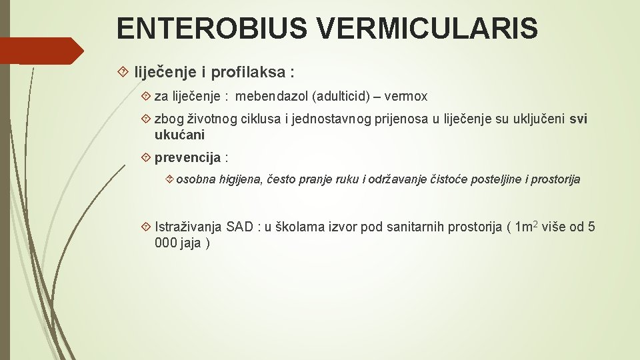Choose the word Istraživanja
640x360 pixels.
189,227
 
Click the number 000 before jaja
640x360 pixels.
165,243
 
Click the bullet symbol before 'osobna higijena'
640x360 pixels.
169,179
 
